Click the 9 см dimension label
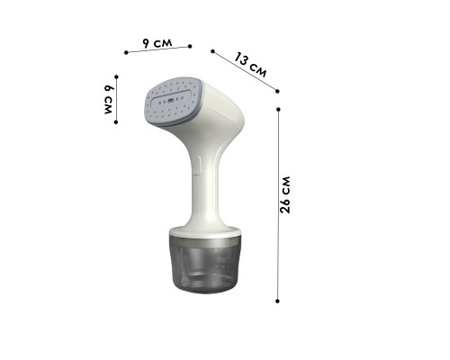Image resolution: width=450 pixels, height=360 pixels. click(157, 43)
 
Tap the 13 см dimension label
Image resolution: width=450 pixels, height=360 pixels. click(250, 65)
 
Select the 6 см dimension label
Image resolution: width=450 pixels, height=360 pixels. click(108, 99)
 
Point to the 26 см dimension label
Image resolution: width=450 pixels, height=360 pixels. click(285, 195)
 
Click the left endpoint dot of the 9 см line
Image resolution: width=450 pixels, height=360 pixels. click(126, 52)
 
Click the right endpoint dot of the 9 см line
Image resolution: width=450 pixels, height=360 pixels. click(190, 46)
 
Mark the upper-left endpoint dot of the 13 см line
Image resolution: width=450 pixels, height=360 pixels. click(212, 51)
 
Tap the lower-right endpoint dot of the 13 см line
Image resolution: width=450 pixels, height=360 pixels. click(277, 91)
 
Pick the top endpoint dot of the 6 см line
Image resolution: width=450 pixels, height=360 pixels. click(116, 77)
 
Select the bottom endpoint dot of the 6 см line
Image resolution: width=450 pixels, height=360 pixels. click(116, 122)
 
